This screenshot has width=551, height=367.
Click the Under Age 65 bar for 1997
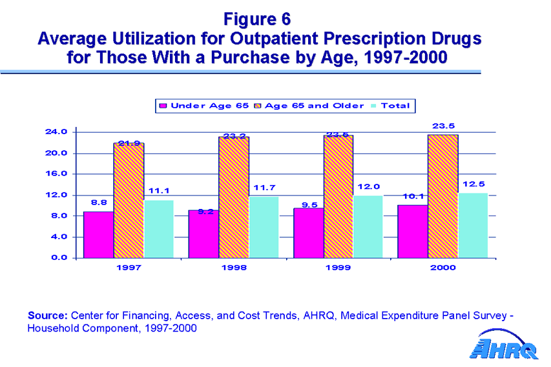click(x=98, y=234)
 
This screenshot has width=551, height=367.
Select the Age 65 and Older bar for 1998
click(x=234, y=197)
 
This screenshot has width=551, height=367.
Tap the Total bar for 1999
click(x=368, y=226)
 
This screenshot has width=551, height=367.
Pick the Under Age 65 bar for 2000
click(x=413, y=231)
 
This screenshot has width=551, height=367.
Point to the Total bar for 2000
click(x=473, y=224)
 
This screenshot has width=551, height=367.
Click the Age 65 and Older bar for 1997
click(x=129, y=200)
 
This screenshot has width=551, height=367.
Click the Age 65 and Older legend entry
click(x=308, y=106)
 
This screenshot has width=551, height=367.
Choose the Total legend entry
click(x=391, y=106)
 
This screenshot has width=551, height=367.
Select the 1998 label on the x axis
click(x=233, y=267)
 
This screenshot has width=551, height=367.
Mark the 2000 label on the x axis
click(x=443, y=267)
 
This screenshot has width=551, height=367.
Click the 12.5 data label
click(x=473, y=184)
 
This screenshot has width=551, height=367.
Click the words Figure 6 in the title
click(x=258, y=17)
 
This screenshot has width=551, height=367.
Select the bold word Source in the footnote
click(x=47, y=315)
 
